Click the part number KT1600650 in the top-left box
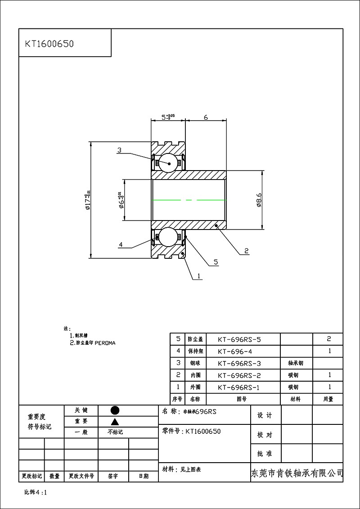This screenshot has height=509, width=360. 49,44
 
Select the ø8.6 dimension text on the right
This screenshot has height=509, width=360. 259,199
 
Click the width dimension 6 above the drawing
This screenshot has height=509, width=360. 206,117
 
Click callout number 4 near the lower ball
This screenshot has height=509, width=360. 121,245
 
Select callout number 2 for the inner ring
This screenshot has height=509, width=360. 246,251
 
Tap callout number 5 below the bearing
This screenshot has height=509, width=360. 216,262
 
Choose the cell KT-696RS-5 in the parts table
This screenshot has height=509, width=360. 239,339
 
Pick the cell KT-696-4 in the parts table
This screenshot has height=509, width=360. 236,351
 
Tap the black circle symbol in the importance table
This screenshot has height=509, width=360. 115,410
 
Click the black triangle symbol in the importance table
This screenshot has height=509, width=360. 115,422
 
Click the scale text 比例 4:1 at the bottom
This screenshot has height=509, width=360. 36,492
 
